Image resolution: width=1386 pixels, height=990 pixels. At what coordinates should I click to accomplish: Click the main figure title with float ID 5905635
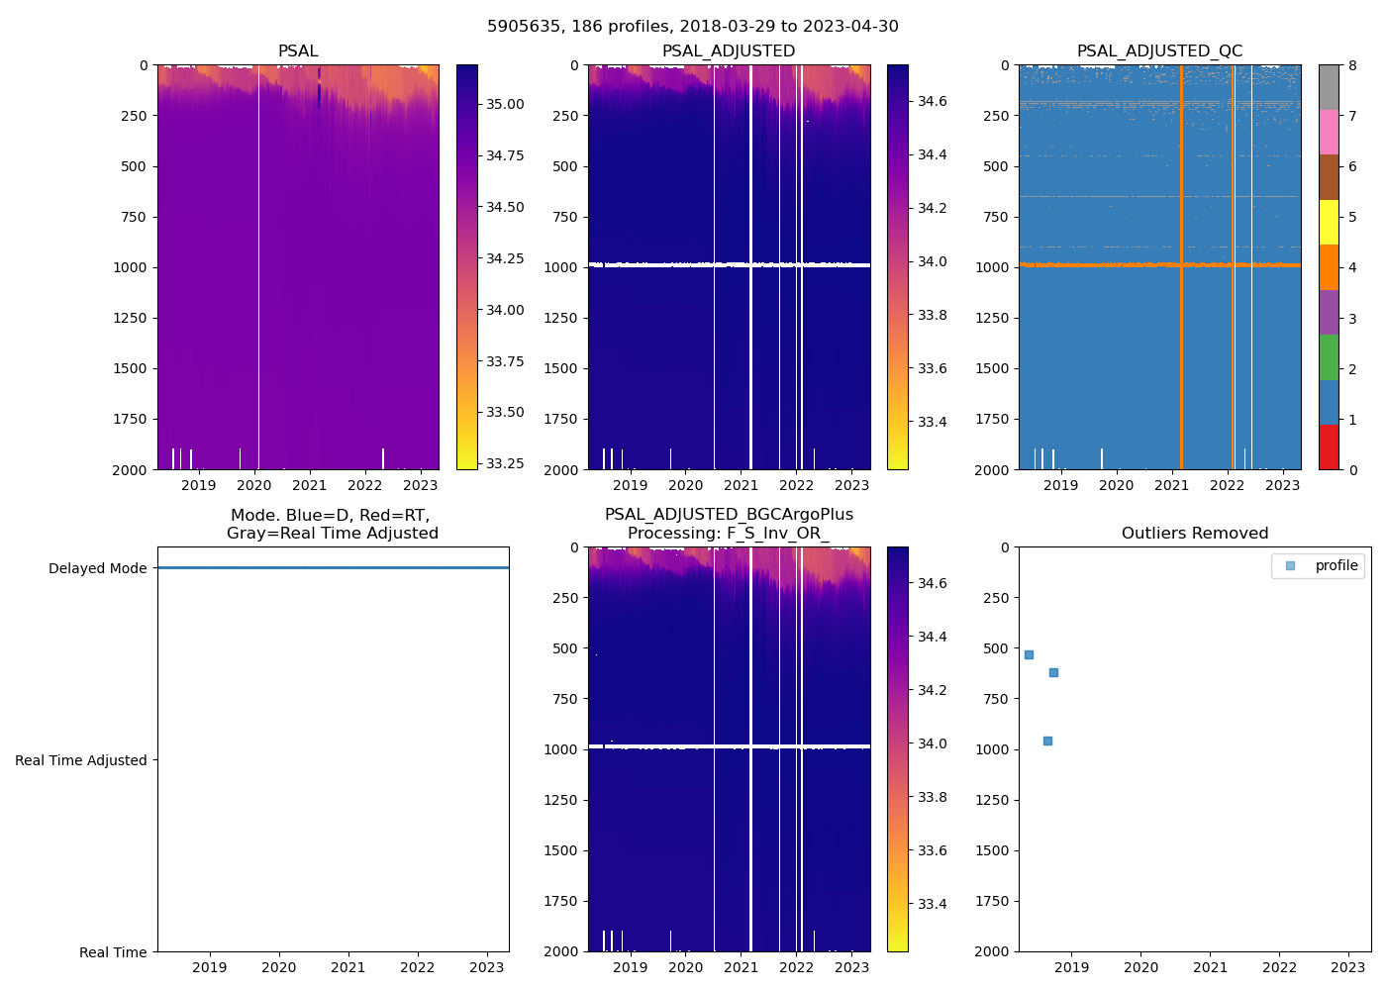693,27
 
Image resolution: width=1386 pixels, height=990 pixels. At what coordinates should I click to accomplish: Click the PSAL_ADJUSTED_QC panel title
1159,51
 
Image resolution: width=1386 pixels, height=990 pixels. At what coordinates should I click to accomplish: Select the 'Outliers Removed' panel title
1195,534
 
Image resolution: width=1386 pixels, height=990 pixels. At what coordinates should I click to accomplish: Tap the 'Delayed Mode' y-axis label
97,568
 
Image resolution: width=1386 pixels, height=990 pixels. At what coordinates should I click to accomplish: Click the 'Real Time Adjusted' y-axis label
81,760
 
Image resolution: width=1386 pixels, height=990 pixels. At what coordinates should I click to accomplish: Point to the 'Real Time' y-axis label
113,952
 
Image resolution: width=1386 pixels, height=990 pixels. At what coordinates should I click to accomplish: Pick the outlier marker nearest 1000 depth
1047,741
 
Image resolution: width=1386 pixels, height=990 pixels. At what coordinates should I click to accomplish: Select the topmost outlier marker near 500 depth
1029,654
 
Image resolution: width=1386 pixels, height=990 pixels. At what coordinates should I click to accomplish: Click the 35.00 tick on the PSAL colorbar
505,104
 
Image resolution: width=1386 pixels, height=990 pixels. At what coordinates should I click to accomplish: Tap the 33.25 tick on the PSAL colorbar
505,463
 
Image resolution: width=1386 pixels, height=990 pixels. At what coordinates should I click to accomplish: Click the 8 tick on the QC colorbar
1352,65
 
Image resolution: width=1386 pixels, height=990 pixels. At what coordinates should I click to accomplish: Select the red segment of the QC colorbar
1329,446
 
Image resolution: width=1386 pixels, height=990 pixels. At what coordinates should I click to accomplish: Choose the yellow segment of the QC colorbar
1329,222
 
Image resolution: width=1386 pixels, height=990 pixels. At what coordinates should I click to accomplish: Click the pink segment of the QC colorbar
1329,133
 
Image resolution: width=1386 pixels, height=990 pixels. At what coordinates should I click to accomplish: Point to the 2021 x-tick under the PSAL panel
310,485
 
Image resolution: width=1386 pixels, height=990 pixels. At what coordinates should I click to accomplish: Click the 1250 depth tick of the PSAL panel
129,318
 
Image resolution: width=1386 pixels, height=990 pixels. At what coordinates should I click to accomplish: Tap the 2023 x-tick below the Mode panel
487,967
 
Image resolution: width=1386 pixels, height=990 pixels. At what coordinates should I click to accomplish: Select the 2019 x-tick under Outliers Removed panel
1072,967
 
